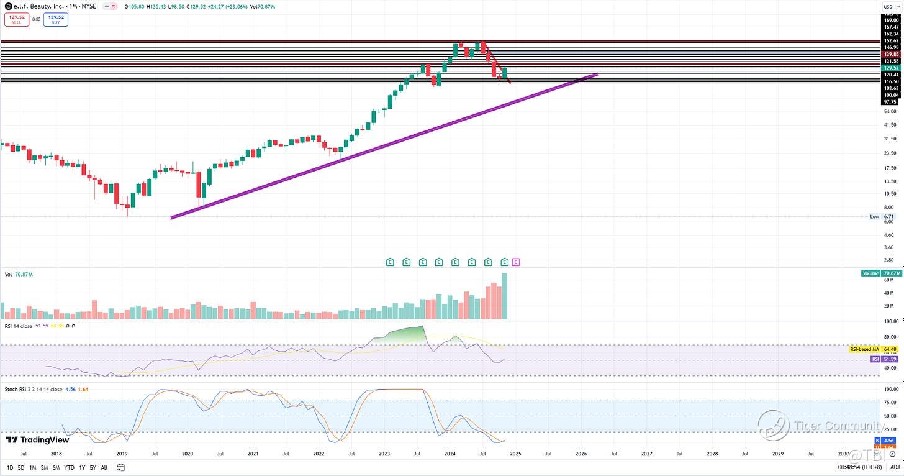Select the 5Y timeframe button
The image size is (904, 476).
(x=93, y=467)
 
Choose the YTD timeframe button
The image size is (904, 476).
(x=69, y=467)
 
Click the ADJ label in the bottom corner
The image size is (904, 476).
(x=895, y=467)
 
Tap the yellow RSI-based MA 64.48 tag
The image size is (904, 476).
(x=873, y=350)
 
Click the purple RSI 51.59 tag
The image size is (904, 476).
(x=884, y=359)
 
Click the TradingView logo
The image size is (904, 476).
(x=29, y=440)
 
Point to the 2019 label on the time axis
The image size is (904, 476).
(x=122, y=454)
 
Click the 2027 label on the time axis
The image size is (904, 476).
(x=646, y=454)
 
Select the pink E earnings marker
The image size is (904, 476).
(x=516, y=262)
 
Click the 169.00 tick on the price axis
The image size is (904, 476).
(x=891, y=20)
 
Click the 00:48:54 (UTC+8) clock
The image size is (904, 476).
(x=864, y=467)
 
